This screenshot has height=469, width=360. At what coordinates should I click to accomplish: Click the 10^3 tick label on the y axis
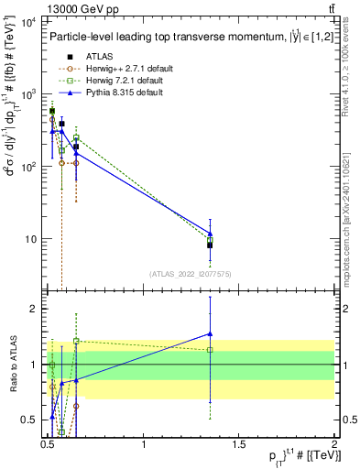27,94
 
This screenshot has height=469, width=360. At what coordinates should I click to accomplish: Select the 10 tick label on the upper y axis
29,239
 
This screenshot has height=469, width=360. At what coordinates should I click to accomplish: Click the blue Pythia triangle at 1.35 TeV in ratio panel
211,334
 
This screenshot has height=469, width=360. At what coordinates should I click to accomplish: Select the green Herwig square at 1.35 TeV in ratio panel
211,349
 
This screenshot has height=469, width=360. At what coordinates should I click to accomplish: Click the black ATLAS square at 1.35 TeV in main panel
211,245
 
